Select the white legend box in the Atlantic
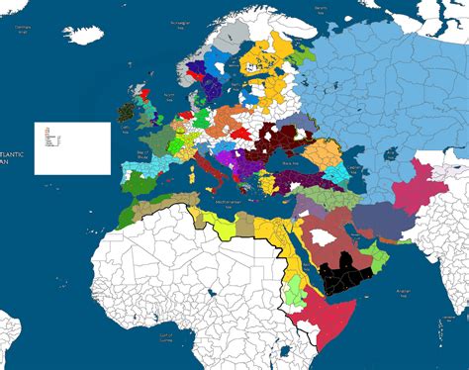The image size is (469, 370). pyautogui.click(x=73, y=148)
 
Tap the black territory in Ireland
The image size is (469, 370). pyautogui.click(x=126, y=111)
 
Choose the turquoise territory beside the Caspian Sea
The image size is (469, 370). pyautogui.click(x=342, y=173)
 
